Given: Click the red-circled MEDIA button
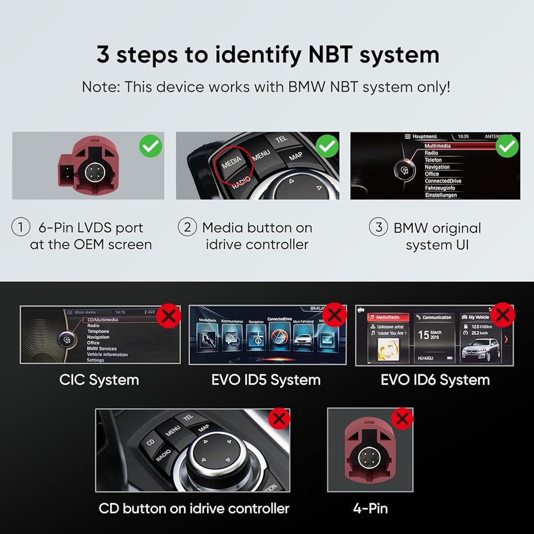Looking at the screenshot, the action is pos(232,161).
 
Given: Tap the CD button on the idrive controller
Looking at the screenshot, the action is pos(151,442).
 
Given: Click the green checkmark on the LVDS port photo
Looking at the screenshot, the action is pos(151,145).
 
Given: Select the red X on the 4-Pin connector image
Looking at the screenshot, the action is pos(402,419).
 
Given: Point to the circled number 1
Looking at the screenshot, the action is pos(21,227).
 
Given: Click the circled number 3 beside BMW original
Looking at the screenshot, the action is pos(378,227).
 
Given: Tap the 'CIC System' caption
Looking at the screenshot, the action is pos(99,380).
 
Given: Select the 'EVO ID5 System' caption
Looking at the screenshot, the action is pos(266,380).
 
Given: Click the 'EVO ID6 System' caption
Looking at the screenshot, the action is pos(435,380).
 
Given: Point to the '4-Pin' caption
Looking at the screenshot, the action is pos(371,508).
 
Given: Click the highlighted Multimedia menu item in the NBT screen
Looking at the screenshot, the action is pos(437,146).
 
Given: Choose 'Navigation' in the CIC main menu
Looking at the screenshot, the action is pos(98,337).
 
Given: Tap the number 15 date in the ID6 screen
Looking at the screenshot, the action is pos(423,335).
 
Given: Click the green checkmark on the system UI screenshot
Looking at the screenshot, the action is pos(506,145).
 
